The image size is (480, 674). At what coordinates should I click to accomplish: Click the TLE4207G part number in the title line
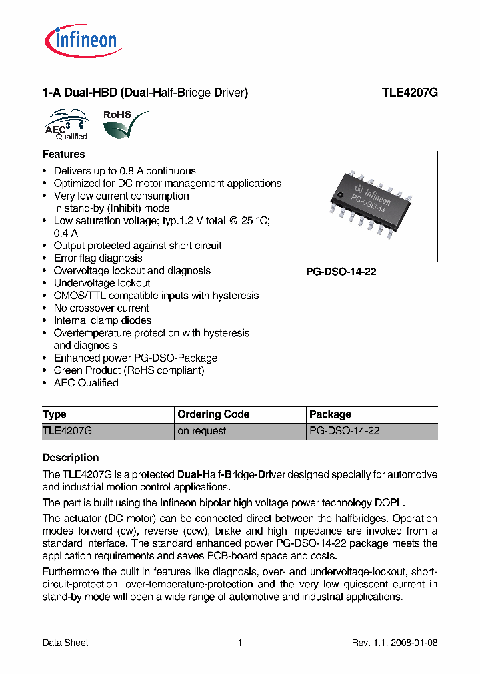point(409,93)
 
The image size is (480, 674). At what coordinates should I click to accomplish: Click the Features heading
point(64,154)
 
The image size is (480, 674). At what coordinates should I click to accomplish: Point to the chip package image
point(371,206)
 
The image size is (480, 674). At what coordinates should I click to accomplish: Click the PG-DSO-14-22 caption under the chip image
point(341,272)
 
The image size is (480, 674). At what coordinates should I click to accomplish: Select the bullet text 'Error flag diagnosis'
point(98,258)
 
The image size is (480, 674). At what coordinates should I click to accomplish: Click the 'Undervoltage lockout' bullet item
point(102,283)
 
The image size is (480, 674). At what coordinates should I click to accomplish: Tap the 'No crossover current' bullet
point(101,308)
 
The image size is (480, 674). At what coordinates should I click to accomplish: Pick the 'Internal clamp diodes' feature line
point(103,320)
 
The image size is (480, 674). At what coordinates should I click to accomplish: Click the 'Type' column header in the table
point(55,414)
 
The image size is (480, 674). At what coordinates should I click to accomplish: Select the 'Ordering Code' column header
point(213,414)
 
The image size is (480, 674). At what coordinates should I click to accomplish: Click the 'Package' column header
point(330,414)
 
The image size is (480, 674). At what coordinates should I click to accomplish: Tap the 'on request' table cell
point(201,431)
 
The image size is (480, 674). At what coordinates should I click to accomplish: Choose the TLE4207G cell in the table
point(67,431)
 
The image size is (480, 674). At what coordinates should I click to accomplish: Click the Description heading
point(71,458)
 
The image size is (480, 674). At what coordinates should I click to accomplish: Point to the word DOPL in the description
point(389,502)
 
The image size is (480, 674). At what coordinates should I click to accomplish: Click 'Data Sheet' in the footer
point(65,643)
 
